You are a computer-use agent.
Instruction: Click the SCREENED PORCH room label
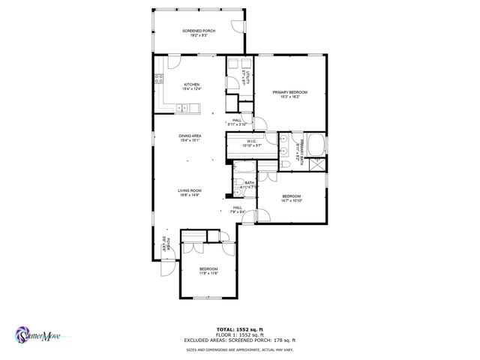coord(199,32)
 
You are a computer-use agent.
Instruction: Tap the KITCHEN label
coord(191,86)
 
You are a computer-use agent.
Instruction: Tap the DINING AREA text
coord(190,138)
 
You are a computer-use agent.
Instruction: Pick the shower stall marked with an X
coord(317,167)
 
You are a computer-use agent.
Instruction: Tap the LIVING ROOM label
coord(190,192)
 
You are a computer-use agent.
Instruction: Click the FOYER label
coord(167,244)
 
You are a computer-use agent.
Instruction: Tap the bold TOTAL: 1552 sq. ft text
coord(239,329)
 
